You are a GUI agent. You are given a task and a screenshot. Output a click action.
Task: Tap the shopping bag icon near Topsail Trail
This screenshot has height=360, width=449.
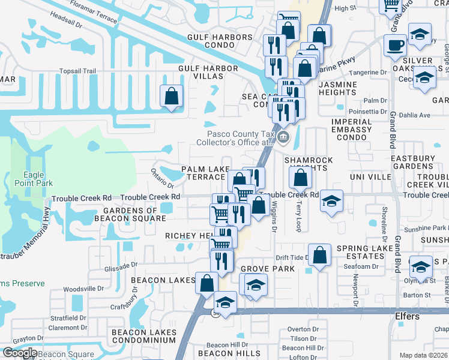pos(171,96)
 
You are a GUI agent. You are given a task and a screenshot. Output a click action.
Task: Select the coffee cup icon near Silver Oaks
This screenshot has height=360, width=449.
pos(395,45)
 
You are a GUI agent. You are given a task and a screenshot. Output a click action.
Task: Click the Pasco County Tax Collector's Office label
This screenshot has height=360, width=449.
pos(240,139)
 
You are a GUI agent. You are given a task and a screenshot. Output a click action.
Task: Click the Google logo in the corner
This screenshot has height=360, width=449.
pos(19,352)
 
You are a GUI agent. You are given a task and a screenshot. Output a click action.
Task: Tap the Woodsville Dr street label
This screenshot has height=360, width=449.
pos(84,289)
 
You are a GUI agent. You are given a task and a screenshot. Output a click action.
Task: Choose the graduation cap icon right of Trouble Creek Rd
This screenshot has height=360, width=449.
pos(331,202)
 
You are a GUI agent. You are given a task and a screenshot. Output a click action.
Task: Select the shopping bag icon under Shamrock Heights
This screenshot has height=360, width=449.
pos(299,177)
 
